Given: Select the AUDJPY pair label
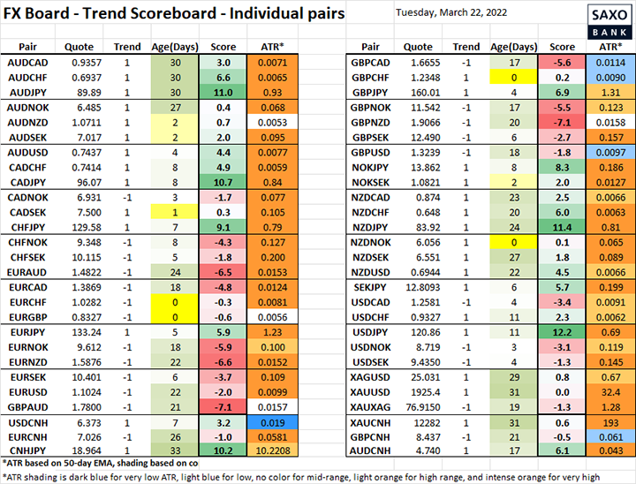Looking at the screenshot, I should [x=27, y=92].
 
